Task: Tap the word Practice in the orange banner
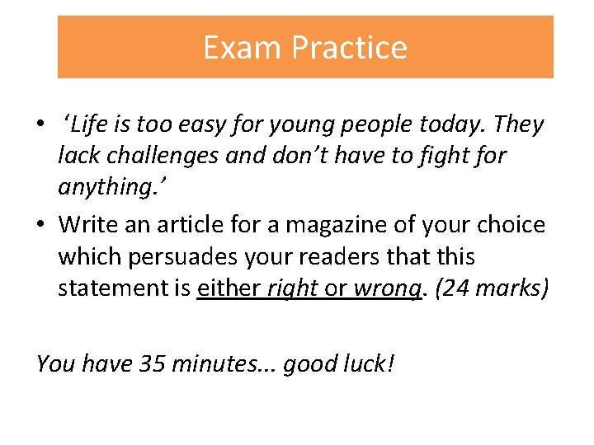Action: (348, 48)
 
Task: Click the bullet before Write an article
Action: (40, 225)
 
